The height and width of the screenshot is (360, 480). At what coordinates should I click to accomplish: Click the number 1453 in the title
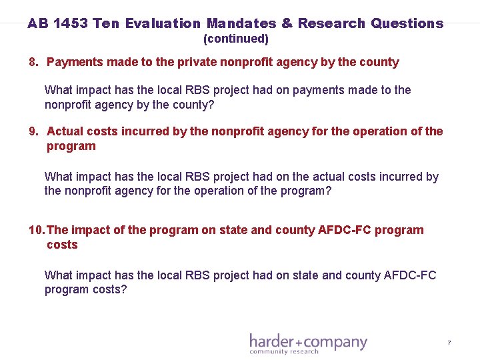click(x=70, y=23)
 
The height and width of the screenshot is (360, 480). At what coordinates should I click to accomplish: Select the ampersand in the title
click(x=287, y=23)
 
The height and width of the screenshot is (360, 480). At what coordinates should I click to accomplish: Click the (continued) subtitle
click(x=235, y=39)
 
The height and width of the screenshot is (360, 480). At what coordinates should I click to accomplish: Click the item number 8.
click(x=33, y=62)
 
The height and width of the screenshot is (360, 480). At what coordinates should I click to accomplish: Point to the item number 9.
click(x=33, y=131)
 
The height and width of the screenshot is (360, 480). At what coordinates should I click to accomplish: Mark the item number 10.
click(x=37, y=230)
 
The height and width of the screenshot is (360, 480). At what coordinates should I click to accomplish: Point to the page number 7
click(x=449, y=343)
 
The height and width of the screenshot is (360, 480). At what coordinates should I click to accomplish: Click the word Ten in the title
click(x=107, y=23)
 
